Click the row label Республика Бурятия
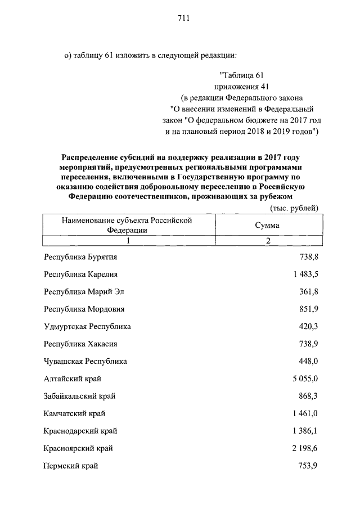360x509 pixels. point(81,257)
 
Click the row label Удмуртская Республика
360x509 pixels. point(87,326)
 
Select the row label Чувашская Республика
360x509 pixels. point(85,361)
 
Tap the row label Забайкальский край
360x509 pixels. point(79,396)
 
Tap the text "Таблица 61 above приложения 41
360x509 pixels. point(241,75)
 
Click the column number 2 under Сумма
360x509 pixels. point(268,241)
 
